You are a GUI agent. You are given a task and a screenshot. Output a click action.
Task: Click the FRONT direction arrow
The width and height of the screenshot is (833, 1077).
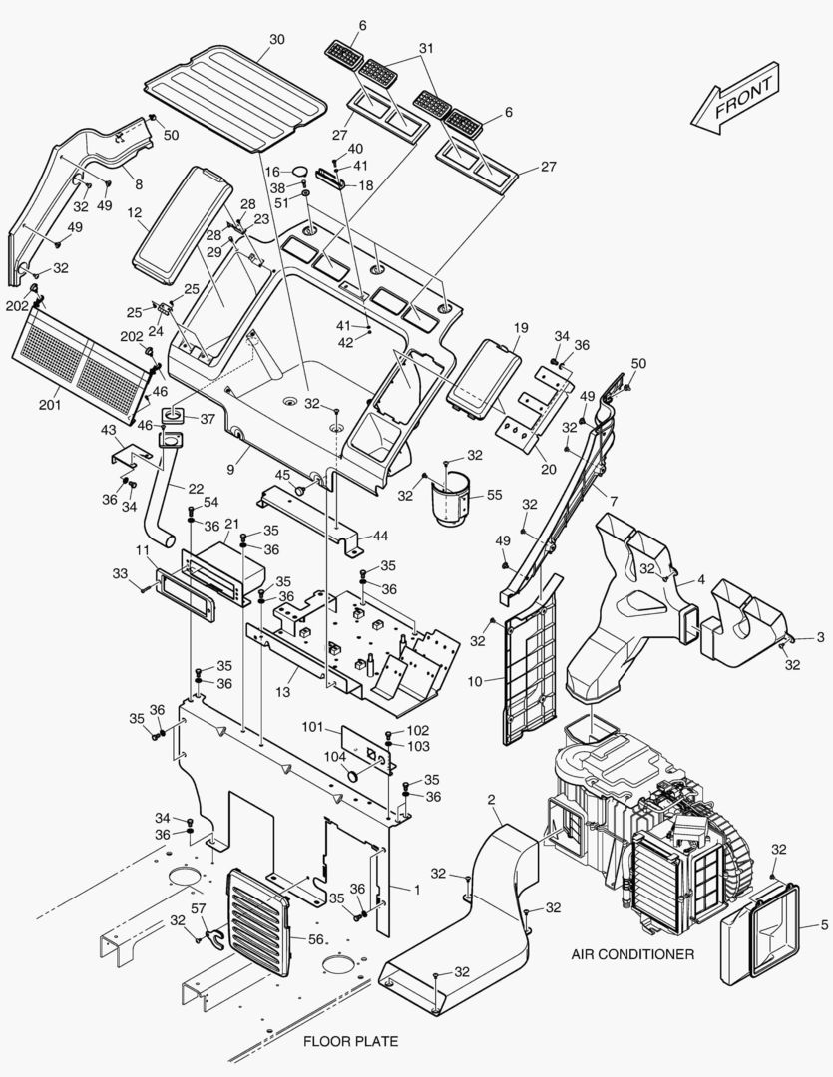coord(735,98)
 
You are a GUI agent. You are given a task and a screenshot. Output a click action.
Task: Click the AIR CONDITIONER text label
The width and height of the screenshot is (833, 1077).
coord(632,954)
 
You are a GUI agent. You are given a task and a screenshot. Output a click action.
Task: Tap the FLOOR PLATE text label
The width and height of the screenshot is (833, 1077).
coord(350,1041)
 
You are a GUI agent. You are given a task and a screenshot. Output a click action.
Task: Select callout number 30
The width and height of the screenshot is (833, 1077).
coord(276,39)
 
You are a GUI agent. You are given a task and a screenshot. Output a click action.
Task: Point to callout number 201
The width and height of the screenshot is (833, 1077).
coord(50,405)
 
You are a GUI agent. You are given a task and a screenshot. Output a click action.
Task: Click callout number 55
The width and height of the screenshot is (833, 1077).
coord(494,495)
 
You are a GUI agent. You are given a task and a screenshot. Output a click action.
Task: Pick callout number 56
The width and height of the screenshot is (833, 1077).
coord(316,939)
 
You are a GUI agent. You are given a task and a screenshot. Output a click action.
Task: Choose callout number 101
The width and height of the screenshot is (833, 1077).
coord(313,727)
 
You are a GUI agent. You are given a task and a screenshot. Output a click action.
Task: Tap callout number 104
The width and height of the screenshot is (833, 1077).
coord(335,756)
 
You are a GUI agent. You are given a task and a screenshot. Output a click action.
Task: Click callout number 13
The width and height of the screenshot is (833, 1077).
coord(283,692)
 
